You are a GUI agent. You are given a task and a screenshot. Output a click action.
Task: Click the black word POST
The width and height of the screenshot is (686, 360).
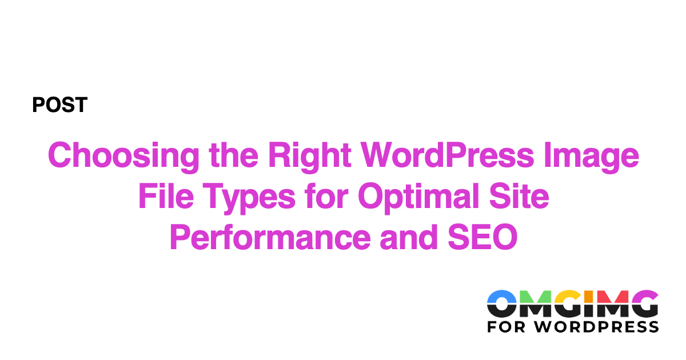[x=59, y=105]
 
